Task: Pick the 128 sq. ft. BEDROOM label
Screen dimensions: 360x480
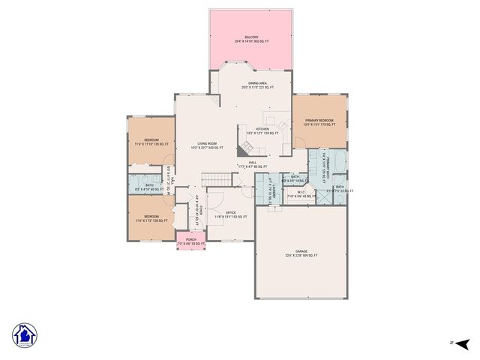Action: point(151,220)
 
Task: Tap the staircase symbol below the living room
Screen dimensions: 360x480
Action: point(217,179)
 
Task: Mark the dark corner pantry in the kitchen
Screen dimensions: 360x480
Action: point(245,145)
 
